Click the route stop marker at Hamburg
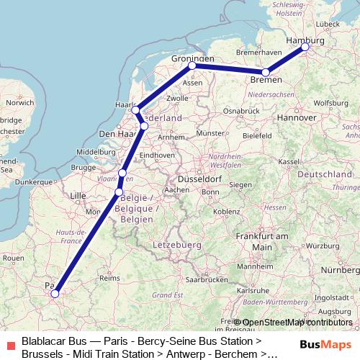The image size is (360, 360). point(305,47)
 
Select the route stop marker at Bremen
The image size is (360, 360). point(266,72)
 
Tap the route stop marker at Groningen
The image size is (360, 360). point(192,66)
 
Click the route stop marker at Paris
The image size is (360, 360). point(55,293)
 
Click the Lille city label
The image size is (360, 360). point(77,195)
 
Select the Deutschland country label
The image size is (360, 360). point(323,175)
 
